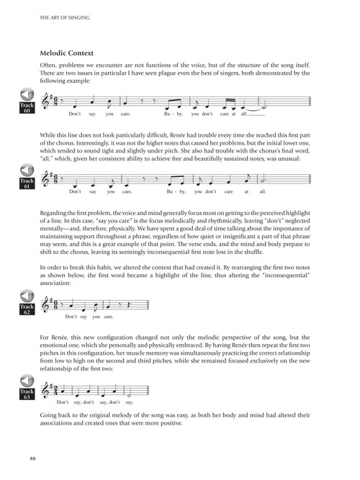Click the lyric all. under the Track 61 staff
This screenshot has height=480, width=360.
pyautogui.click(x=262, y=192)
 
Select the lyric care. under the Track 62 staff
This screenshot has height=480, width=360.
pyautogui.click(x=109, y=317)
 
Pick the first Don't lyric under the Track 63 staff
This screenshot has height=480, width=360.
pyautogui.click(x=63, y=402)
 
